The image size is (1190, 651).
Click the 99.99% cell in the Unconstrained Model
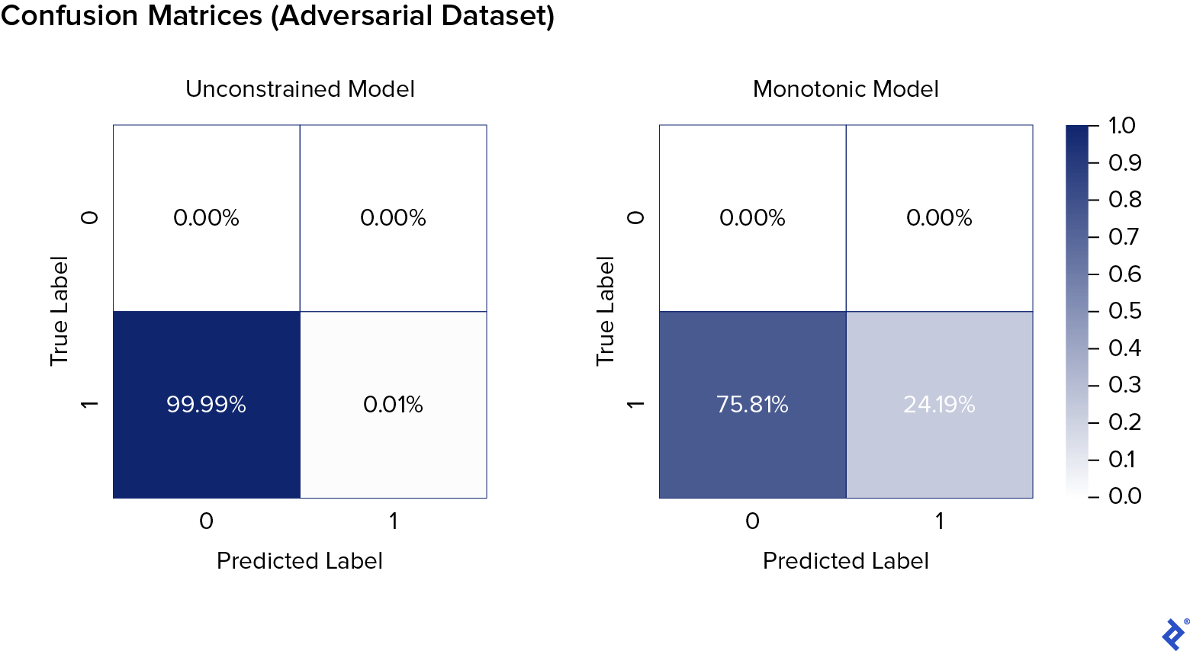[x=206, y=404]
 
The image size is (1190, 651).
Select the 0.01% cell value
[x=393, y=404]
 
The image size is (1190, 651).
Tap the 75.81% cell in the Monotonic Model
[x=752, y=404]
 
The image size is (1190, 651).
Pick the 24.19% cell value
[x=939, y=404]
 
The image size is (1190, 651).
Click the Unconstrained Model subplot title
[x=300, y=89]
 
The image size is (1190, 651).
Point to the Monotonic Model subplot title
[x=845, y=89]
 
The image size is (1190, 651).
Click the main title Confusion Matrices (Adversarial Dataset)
[x=278, y=16]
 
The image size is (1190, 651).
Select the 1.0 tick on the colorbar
[x=1121, y=126]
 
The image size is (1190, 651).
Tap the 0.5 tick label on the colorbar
[x=1124, y=311]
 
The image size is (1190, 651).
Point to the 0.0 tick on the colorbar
[x=1124, y=496]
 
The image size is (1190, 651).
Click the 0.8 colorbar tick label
[x=1124, y=200]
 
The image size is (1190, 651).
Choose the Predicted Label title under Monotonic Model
[x=845, y=561]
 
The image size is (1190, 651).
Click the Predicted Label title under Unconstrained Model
[x=300, y=561]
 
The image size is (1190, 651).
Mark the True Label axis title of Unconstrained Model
[x=59, y=311]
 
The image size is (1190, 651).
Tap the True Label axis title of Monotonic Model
[x=606, y=311]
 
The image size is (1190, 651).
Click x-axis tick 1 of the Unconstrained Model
[x=393, y=521]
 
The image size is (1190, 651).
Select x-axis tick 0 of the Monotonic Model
[x=752, y=521]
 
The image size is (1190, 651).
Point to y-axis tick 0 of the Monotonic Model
[x=635, y=218]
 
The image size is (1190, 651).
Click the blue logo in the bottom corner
[x=1173, y=633]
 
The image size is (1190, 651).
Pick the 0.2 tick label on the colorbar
[x=1124, y=422]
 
